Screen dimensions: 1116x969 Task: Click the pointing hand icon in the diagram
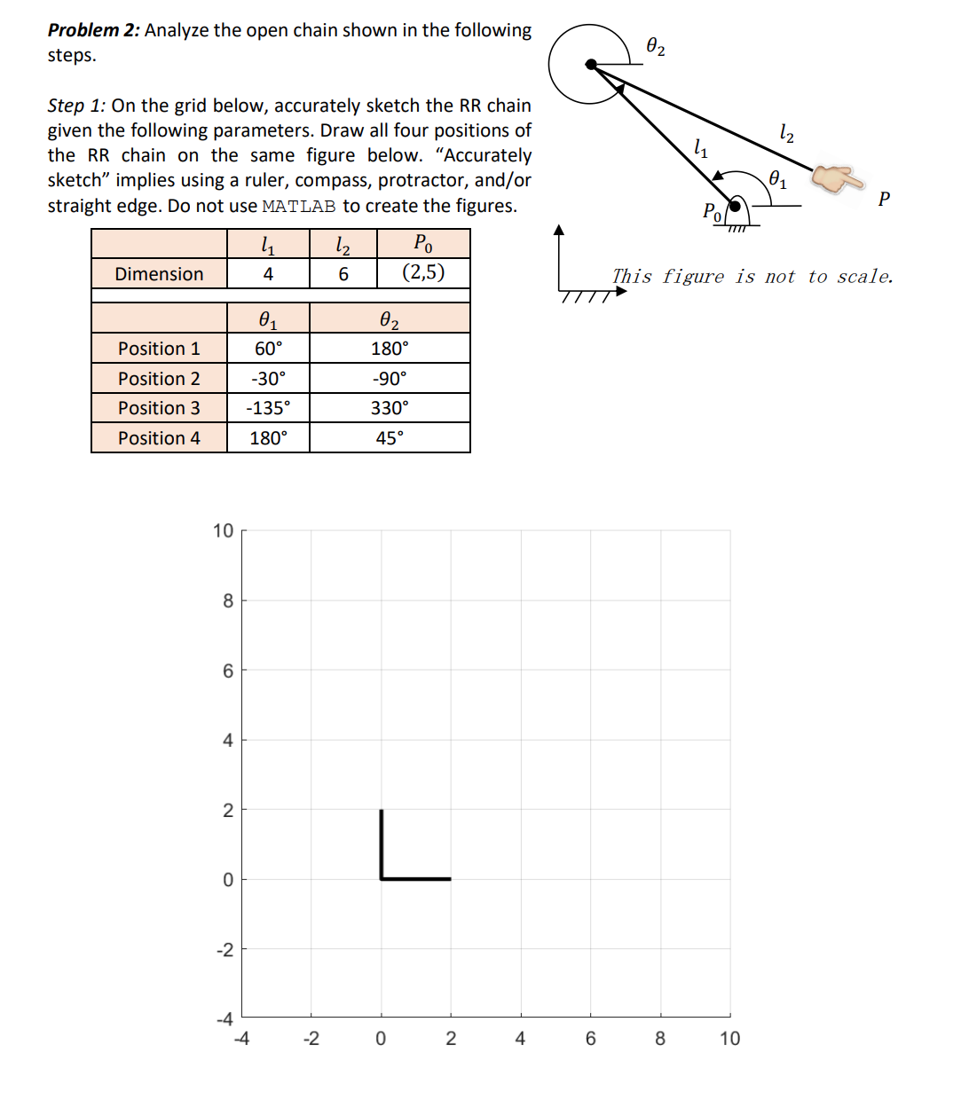pos(838,179)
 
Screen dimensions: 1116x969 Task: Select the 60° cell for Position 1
pos(268,349)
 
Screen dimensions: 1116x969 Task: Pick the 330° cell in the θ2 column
pos(390,408)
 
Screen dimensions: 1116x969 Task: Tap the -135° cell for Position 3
pos(268,408)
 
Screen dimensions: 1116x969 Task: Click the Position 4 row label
pos(159,438)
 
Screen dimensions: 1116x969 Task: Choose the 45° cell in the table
pos(390,438)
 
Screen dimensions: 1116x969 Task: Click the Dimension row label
pos(159,274)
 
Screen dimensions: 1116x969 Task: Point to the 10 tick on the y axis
pos(223,530)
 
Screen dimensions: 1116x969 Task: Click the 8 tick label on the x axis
pos(660,1039)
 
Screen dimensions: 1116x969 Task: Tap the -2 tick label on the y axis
pos(225,950)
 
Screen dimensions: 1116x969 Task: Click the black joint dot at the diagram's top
pos(591,64)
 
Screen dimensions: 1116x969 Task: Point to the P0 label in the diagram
pos(713,211)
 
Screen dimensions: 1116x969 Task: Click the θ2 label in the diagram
pos(656,46)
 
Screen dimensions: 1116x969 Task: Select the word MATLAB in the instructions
pos(299,207)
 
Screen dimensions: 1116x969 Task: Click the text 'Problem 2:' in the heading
pos(93,30)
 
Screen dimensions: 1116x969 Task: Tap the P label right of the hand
pos(884,199)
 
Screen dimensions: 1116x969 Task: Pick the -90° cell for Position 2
pos(390,379)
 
